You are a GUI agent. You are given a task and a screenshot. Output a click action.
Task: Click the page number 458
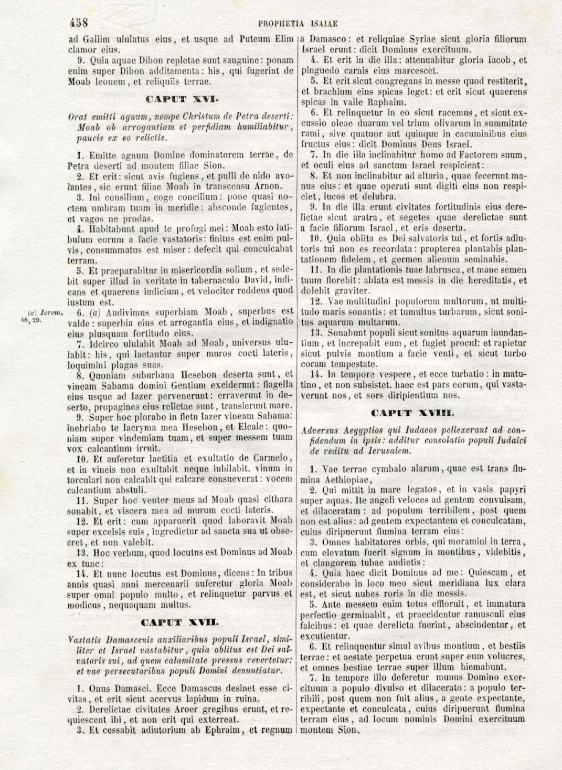pyautogui.click(x=78, y=23)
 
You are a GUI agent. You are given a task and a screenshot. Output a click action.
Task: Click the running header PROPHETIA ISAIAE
pyautogui.click(x=298, y=24)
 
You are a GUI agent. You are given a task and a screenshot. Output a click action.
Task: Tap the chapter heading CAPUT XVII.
pyautogui.click(x=180, y=623)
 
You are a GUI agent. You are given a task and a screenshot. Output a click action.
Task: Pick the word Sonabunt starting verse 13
pyautogui.click(x=345, y=333)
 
